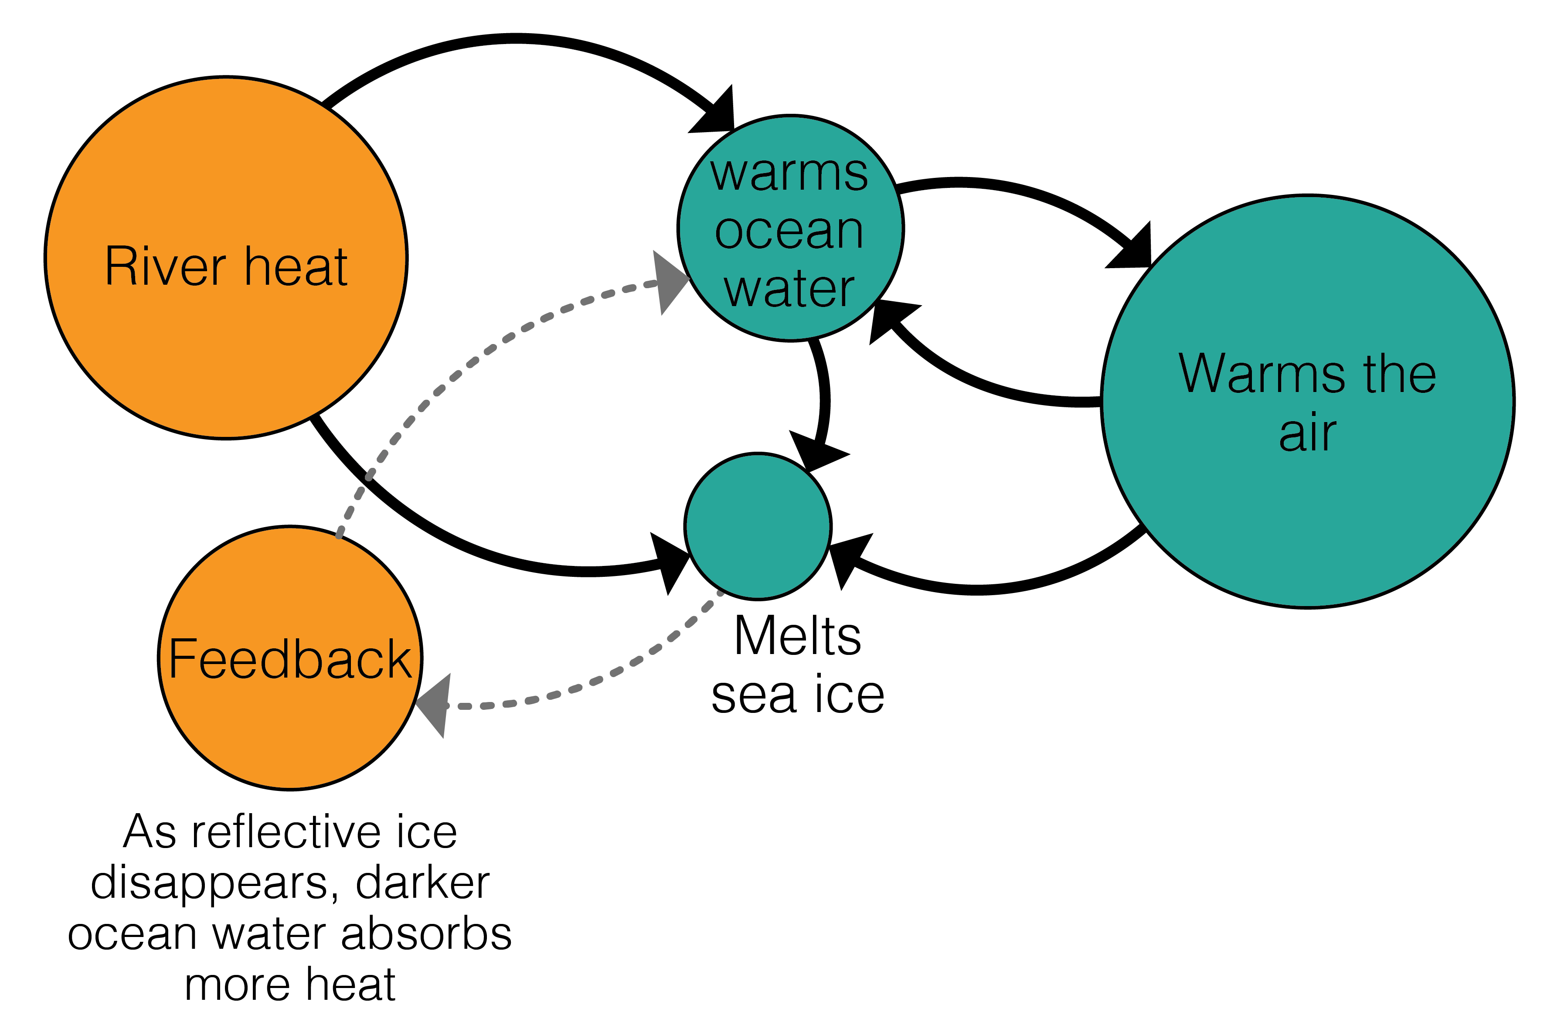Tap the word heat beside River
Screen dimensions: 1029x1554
(296, 267)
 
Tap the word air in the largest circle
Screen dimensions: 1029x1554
(1307, 433)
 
